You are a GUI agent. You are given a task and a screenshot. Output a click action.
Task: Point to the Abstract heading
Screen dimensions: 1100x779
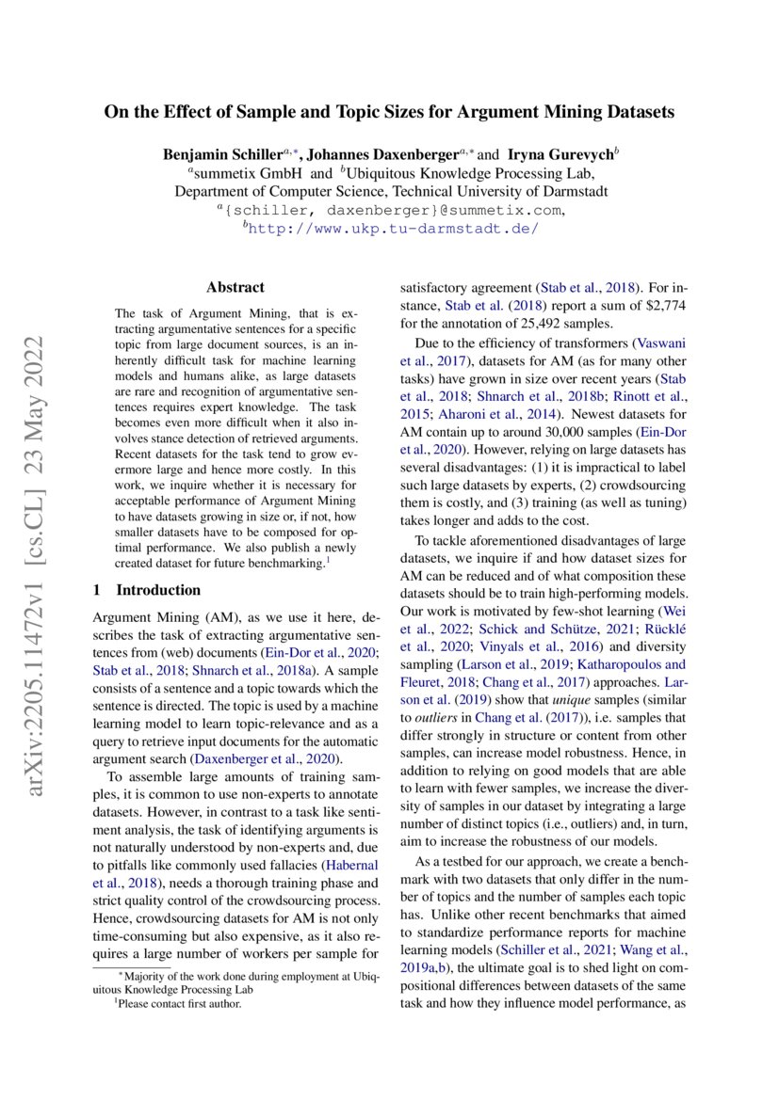tap(235, 287)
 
